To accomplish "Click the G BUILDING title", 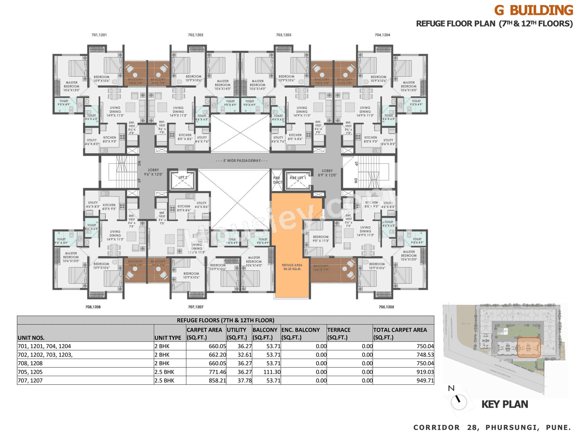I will coord(533,10).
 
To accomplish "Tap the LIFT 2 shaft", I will coord(182,180).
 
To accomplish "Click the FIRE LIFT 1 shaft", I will coord(298,180).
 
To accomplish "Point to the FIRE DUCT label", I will coord(277,180).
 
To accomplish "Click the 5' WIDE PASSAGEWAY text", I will coord(242,161).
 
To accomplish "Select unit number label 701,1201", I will coord(99,35).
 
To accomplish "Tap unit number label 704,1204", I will coord(382,35).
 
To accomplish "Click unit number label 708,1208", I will coord(93,307).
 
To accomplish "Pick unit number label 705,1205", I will coord(386,307).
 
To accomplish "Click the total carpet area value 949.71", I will coord(425,381).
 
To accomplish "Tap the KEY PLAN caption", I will coord(504,404).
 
